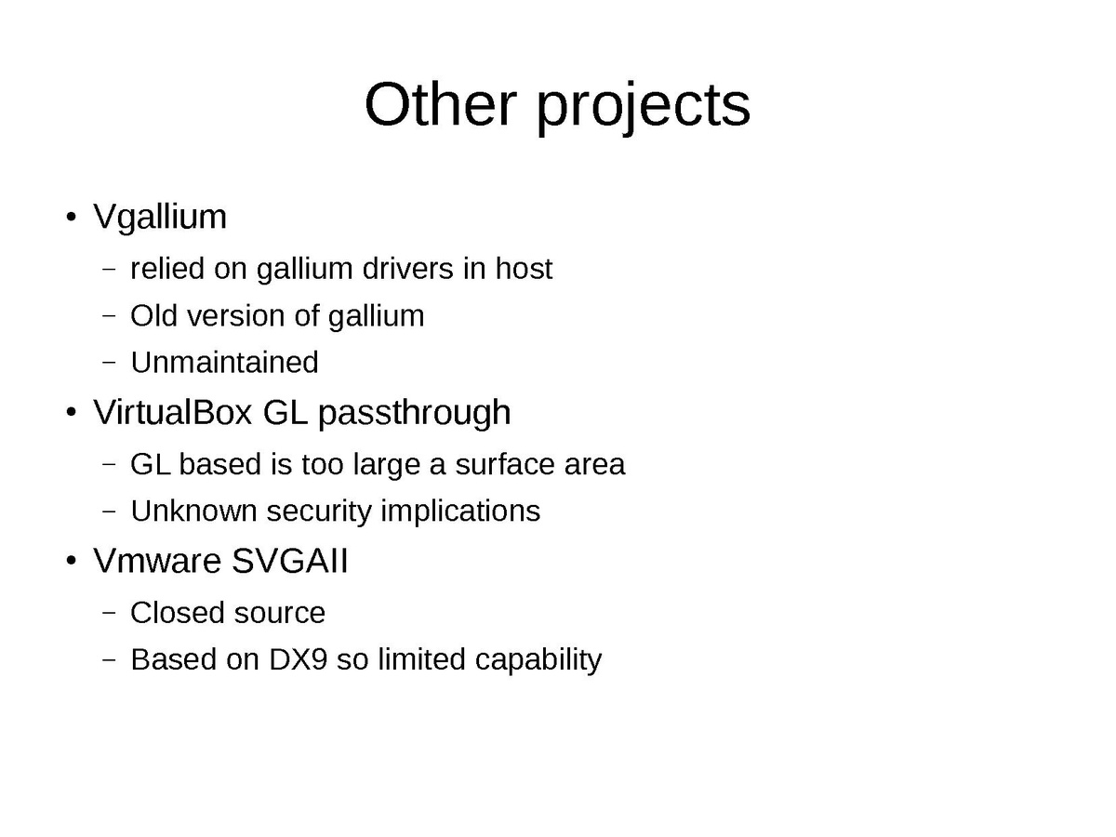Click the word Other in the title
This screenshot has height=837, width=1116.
pyautogui.click(x=440, y=105)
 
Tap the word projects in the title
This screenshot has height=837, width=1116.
pyautogui.click(x=644, y=108)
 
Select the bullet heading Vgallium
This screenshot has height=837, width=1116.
pyautogui.click(x=160, y=217)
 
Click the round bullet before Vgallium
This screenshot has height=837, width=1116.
pyautogui.click(x=72, y=217)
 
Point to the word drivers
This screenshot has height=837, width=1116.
pyautogui.click(x=407, y=269)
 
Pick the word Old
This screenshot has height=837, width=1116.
pyautogui.click(x=153, y=315)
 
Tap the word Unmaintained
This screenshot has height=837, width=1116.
pyautogui.click(x=224, y=363)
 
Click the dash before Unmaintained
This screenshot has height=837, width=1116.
pyautogui.click(x=109, y=363)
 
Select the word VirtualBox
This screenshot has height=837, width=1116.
pyautogui.click(x=173, y=412)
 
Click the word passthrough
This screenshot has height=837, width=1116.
pyautogui.click(x=415, y=414)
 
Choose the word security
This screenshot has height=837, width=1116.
pyautogui.click(x=319, y=511)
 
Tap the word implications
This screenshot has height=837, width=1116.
pyautogui.click(x=460, y=511)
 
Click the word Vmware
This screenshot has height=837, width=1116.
pyautogui.click(x=157, y=561)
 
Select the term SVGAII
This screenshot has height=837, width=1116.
pyautogui.click(x=290, y=561)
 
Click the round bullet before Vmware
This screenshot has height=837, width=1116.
pyautogui.click(x=72, y=561)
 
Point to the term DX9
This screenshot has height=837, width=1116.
pyautogui.click(x=298, y=659)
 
